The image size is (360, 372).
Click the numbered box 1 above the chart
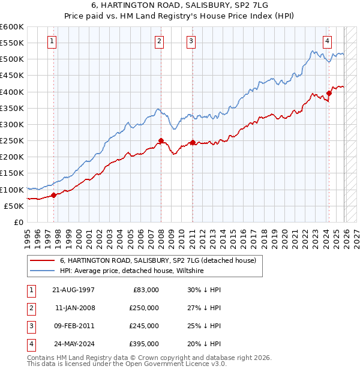click(52, 41)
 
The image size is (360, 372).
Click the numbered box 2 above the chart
click(160, 41)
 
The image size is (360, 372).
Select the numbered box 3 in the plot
click(191, 41)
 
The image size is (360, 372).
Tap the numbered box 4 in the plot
click(328, 41)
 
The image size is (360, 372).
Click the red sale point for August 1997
click(53, 195)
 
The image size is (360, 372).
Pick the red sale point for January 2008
click(161, 140)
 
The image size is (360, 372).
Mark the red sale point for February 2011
click(193, 142)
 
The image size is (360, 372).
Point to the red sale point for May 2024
click(329, 93)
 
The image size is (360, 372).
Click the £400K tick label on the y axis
click(12, 92)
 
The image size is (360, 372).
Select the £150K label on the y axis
click(12, 173)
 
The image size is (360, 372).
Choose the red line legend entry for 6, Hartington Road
click(158, 260)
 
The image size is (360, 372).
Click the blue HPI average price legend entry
click(132, 271)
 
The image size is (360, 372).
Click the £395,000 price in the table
click(143, 344)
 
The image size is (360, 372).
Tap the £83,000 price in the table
click(145, 290)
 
